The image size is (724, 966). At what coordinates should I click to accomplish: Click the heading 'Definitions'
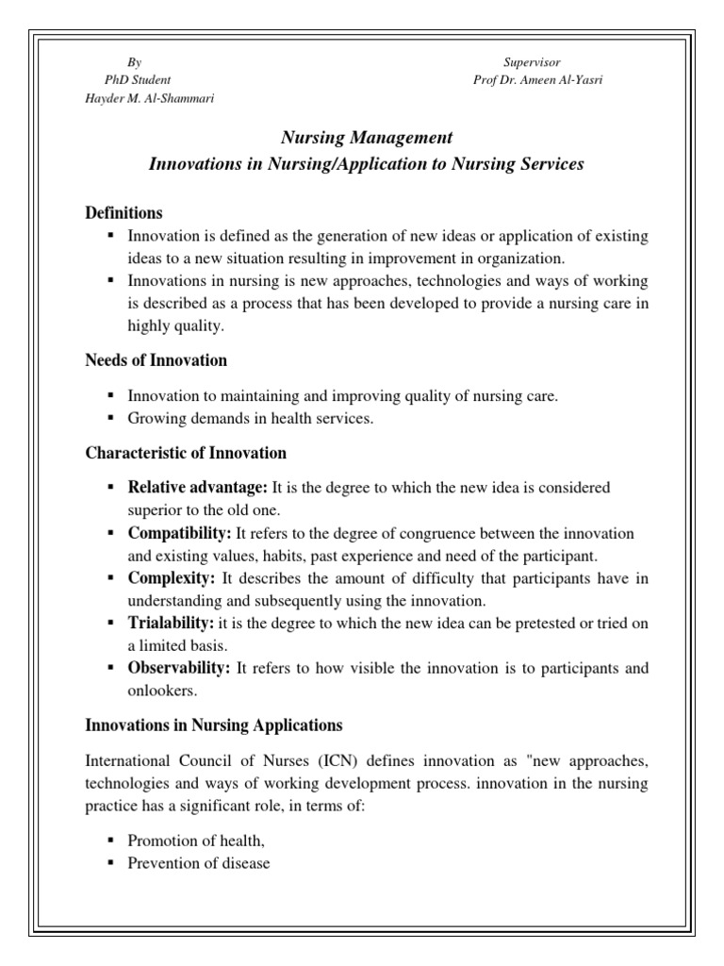tap(123, 212)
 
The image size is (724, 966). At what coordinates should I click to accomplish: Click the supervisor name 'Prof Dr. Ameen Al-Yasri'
tap(538, 80)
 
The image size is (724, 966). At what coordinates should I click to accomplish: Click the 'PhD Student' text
tap(137, 80)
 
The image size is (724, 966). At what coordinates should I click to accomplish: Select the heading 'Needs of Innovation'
tap(156, 360)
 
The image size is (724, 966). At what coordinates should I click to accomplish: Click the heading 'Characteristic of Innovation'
tap(186, 454)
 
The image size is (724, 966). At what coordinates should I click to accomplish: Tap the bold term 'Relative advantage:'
tap(198, 488)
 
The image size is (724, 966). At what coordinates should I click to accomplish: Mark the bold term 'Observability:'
tap(179, 668)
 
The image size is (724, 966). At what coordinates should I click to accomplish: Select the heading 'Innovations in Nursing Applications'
tap(214, 726)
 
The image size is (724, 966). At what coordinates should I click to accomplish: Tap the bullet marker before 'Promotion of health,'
tap(111, 840)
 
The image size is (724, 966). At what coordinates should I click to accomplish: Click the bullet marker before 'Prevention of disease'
tap(111, 863)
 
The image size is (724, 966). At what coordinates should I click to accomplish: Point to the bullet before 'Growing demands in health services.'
tap(111, 419)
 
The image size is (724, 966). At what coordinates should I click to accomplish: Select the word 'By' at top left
tap(135, 61)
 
